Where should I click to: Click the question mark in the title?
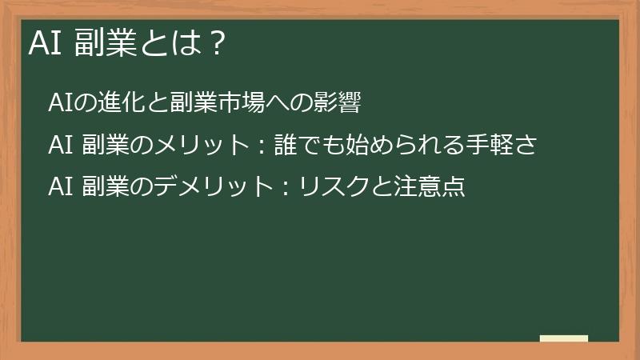click(x=214, y=45)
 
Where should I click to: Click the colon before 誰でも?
click(x=261, y=146)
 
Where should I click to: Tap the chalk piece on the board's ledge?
click(x=564, y=338)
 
